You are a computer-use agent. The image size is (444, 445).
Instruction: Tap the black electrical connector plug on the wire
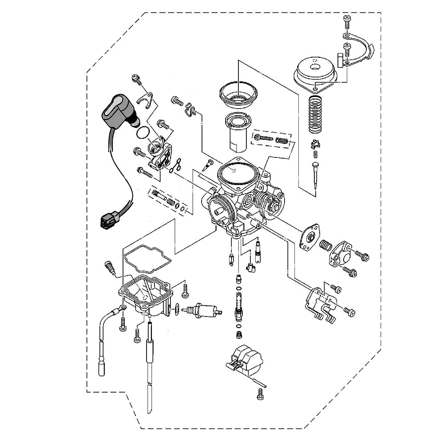[108, 220]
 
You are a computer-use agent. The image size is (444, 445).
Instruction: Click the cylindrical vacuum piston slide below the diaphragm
[238, 133]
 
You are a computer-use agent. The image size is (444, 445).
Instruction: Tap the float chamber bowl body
[147, 296]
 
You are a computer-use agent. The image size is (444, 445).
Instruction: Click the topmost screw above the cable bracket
[346, 20]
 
